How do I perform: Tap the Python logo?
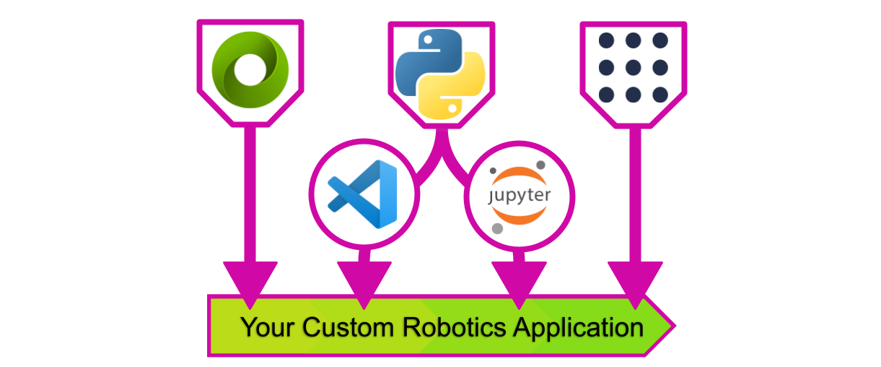(440, 72)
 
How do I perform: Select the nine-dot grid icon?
(633, 67)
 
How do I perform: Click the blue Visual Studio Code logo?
(363, 194)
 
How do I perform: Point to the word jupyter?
(520, 195)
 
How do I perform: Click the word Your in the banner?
(267, 327)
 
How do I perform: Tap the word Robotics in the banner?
(454, 327)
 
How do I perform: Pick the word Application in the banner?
(578, 327)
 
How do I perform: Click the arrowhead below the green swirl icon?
(250, 282)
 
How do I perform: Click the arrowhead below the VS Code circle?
(364, 282)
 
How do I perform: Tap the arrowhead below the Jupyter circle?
(519, 282)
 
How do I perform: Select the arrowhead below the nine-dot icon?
(635, 282)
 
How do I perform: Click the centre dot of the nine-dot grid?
(633, 67)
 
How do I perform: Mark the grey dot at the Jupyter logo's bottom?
(497, 228)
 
